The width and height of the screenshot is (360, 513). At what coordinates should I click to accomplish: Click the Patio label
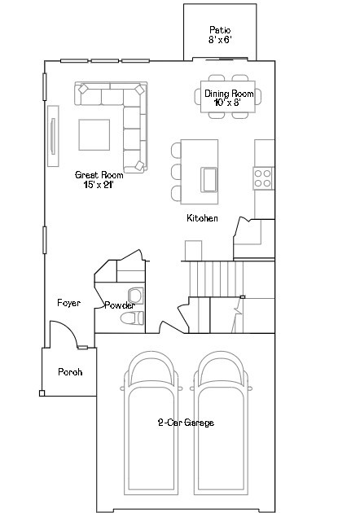(220, 30)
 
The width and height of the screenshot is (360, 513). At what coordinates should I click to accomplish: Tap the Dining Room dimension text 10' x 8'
(227, 103)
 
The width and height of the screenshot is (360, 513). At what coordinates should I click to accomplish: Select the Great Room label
(99, 175)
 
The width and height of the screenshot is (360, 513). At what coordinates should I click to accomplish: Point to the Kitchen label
(202, 218)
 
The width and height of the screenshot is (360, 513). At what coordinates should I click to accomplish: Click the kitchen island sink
(209, 180)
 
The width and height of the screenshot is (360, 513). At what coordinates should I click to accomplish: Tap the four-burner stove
(263, 178)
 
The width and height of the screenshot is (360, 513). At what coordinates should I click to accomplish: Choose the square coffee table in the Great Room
(94, 135)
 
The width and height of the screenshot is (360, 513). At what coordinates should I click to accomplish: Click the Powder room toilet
(132, 318)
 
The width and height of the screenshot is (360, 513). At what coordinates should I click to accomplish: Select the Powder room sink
(136, 296)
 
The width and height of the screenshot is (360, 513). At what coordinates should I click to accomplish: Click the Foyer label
(68, 303)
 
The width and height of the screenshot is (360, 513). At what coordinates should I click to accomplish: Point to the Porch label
(70, 372)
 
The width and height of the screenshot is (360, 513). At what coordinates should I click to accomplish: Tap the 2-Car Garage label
(186, 423)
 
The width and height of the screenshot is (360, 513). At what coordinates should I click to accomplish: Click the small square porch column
(42, 393)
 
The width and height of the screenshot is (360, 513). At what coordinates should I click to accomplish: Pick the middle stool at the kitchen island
(176, 172)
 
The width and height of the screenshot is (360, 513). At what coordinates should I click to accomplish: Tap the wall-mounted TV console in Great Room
(53, 136)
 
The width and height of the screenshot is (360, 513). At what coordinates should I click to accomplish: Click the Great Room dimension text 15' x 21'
(99, 185)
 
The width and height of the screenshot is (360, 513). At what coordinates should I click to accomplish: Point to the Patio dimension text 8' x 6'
(220, 40)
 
